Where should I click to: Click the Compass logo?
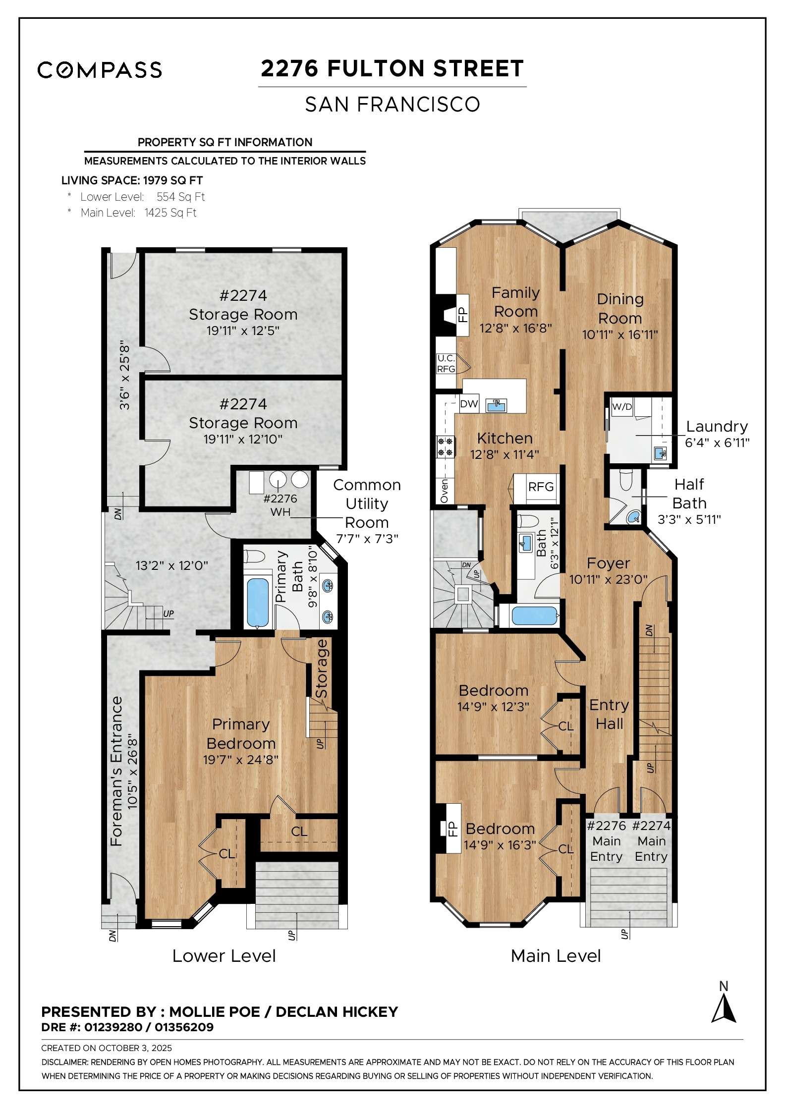click(x=100, y=70)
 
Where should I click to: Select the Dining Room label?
click(x=619, y=308)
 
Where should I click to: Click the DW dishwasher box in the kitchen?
click(x=468, y=404)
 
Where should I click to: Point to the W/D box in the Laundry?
click(x=622, y=407)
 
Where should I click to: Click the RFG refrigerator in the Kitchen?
click(x=540, y=487)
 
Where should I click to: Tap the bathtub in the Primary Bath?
click(x=258, y=601)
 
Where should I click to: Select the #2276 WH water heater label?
click(x=280, y=505)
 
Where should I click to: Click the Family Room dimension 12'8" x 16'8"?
click(x=515, y=328)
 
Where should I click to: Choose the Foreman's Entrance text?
click(x=116, y=771)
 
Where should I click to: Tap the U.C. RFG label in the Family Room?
click(x=446, y=364)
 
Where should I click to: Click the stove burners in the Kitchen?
click(x=445, y=446)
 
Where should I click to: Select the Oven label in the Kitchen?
click(x=444, y=491)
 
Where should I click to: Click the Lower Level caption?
click(x=224, y=956)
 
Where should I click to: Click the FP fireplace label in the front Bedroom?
click(x=451, y=829)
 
